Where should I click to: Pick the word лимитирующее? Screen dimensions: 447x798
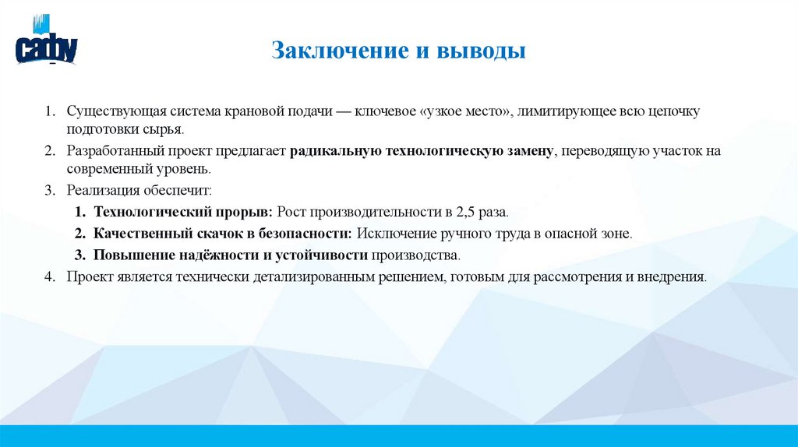click(x=562, y=111)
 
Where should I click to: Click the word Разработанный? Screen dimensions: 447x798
click(x=108, y=151)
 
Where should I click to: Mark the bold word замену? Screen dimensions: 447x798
click(x=527, y=151)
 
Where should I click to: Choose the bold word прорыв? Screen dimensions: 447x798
click(x=245, y=212)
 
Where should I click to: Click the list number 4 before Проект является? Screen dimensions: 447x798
click(x=49, y=276)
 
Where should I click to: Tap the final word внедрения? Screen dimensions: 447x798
click(x=675, y=276)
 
